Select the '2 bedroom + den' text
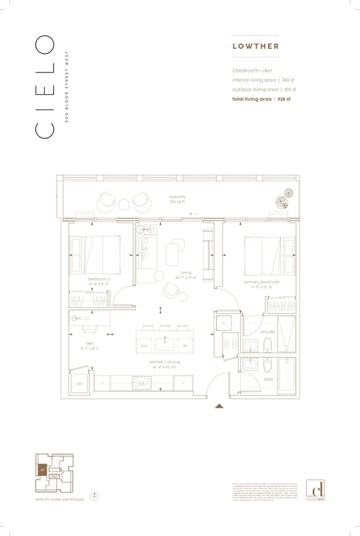click(x=253, y=71)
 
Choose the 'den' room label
click(x=89, y=344)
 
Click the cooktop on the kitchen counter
click(x=142, y=382)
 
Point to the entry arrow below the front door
click(x=219, y=405)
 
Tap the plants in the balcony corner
click(x=283, y=200)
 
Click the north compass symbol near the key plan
click(x=96, y=496)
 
